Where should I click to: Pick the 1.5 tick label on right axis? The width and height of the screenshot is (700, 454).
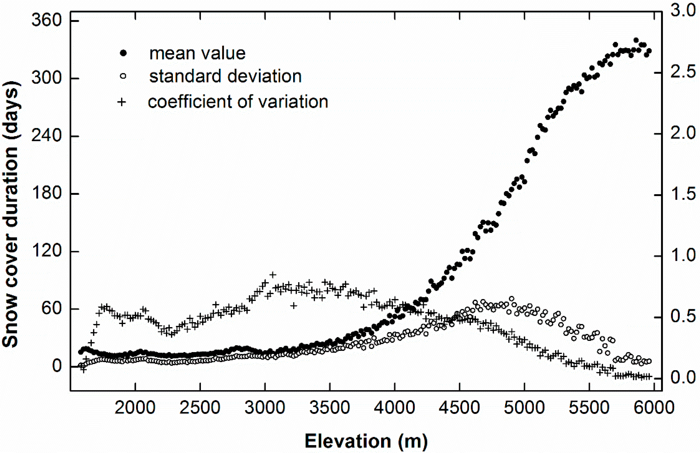point(683,194)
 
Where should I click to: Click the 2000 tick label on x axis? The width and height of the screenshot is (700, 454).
point(135,408)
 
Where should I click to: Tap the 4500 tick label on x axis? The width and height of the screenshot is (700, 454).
point(459,408)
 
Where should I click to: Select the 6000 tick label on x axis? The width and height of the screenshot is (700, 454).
point(654,408)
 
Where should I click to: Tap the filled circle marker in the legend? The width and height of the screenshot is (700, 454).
point(123,53)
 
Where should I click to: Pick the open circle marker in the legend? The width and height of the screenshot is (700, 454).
point(123,76)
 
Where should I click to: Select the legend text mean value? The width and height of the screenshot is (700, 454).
point(197,53)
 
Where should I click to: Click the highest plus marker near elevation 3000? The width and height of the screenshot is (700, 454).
point(273,275)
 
